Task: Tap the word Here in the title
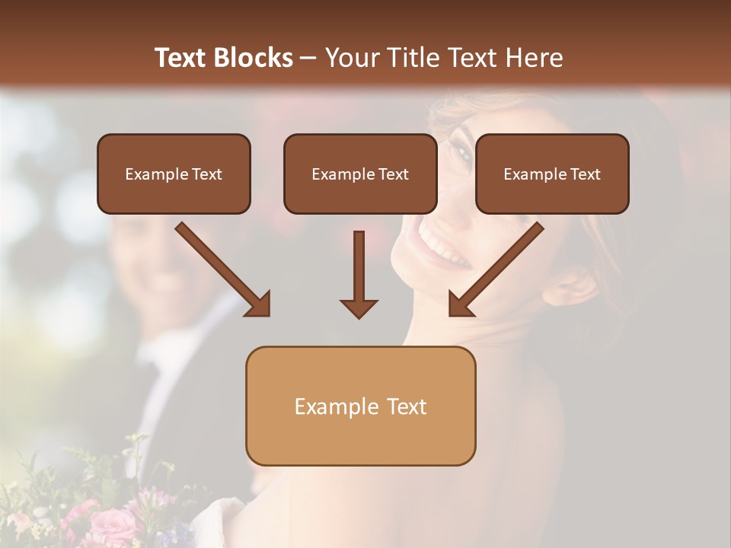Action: tap(532, 58)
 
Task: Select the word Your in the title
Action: tap(351, 58)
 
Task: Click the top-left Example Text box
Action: tap(174, 174)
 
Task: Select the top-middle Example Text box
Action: tap(360, 174)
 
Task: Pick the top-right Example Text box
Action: tap(552, 174)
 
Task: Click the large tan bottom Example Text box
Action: tap(360, 406)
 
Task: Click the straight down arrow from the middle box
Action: tap(359, 266)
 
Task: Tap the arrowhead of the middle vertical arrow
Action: tap(359, 307)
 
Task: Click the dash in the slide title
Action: tap(308, 58)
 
